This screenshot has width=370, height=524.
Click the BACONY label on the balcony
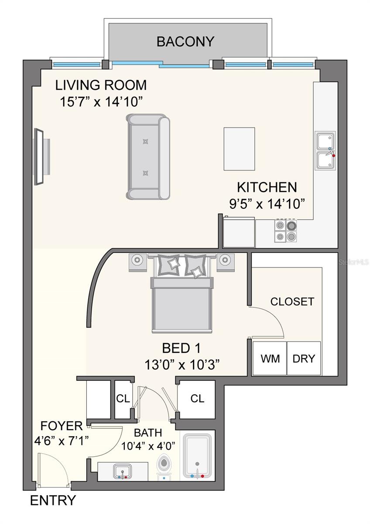(x=185, y=41)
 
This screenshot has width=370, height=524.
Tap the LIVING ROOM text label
(x=101, y=85)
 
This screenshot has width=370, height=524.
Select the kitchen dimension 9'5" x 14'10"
(x=267, y=204)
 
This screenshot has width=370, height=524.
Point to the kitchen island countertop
(x=239, y=149)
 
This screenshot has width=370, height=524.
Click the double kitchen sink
(x=325, y=150)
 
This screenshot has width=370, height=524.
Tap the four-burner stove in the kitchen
(x=286, y=231)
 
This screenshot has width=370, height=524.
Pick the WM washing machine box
(x=270, y=358)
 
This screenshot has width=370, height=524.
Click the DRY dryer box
(x=304, y=358)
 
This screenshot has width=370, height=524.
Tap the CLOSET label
(x=292, y=302)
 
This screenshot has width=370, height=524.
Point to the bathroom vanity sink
(x=122, y=471)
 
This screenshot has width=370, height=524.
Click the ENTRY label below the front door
(x=53, y=500)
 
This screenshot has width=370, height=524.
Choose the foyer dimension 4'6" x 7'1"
(x=62, y=441)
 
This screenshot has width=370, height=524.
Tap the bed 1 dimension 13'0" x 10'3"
(x=182, y=365)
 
